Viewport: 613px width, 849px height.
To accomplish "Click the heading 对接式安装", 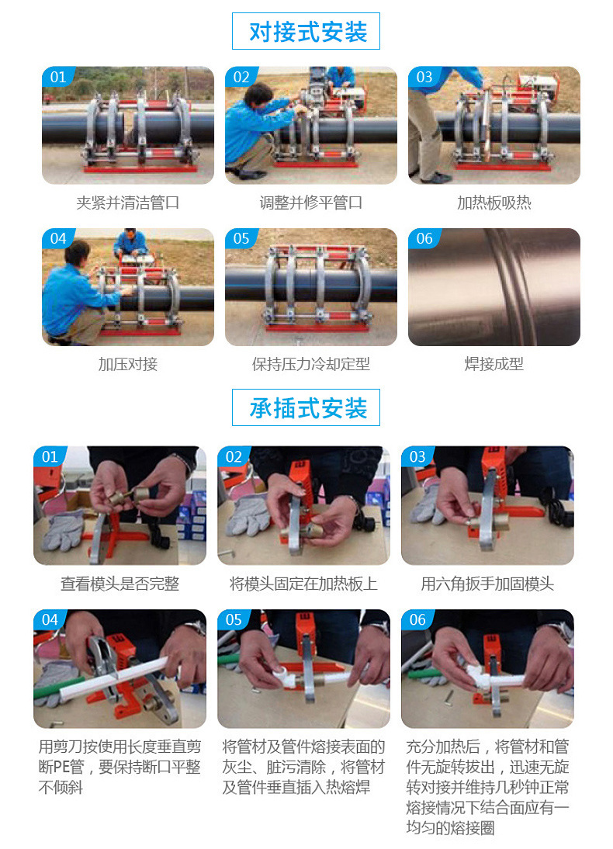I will point(306,32).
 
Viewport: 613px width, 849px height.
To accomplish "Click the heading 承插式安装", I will point(306,408).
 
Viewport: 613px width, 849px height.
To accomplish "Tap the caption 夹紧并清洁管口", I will point(128,203).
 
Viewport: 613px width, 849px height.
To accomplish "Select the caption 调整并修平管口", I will point(310,203).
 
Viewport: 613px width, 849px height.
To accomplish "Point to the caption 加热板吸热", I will point(494,203).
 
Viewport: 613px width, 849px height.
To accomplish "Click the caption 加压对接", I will point(128,364).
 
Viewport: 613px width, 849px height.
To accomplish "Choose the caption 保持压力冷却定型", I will point(310,364).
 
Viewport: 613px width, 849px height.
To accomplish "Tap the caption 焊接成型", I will point(494,364).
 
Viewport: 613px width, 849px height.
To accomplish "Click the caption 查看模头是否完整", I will point(119,584).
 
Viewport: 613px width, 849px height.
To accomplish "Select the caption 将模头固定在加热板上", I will point(303,584).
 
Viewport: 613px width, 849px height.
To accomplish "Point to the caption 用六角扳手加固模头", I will point(487,584).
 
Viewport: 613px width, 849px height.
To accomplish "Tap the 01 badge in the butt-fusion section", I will point(57,77).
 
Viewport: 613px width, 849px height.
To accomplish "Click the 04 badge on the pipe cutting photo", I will point(50,620).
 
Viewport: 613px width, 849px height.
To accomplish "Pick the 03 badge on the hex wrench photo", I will point(417,457).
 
